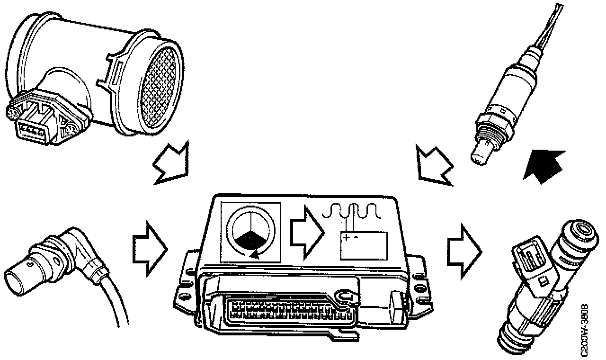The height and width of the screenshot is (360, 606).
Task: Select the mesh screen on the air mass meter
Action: coord(162,90)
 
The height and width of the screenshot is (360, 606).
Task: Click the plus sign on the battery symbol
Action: coord(347,236)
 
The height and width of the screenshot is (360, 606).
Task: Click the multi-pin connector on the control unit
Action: coord(289,310)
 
